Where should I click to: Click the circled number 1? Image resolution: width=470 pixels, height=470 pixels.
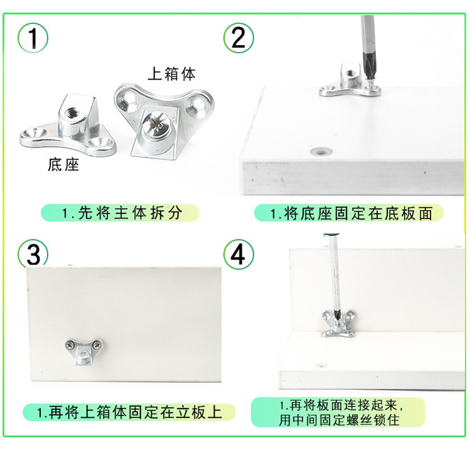tap(33, 38)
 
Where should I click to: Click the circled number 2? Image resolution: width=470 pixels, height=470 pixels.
tap(238, 38)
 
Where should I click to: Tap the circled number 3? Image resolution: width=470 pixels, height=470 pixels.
tap(33, 254)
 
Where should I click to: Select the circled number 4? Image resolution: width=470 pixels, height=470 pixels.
tap(238, 254)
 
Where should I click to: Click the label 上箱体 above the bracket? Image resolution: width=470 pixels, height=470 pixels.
tap(171, 73)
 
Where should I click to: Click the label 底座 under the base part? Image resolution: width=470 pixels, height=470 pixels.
tap(63, 165)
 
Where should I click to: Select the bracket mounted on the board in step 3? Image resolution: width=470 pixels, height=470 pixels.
tap(85, 349)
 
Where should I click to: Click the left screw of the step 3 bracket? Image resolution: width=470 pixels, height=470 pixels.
tap(71, 343)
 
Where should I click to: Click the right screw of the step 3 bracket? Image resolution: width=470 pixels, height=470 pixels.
tap(98, 343)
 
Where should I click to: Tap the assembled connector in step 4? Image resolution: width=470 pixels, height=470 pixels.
tap(339, 322)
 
